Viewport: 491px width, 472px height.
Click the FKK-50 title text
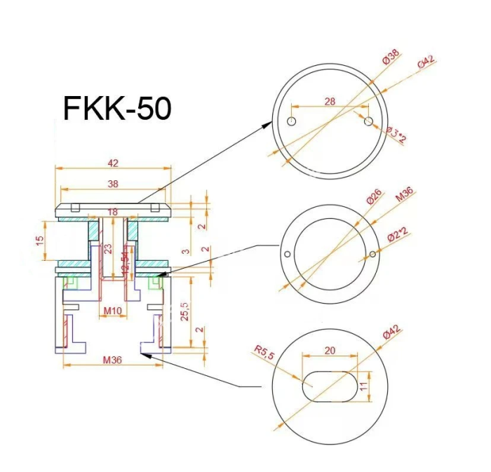click(117, 109)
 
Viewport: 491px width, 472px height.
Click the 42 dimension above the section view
click(113, 163)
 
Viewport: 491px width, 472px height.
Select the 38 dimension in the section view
click(113, 184)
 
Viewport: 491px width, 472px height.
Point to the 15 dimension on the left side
click(40, 239)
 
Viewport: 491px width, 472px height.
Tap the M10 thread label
click(113, 311)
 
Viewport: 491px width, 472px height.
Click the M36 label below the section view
click(113, 360)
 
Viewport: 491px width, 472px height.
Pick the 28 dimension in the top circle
click(330, 101)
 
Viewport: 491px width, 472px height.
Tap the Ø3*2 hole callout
click(396, 134)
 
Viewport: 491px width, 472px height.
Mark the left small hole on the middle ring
click(287, 254)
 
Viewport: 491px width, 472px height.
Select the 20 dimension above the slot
click(329, 349)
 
